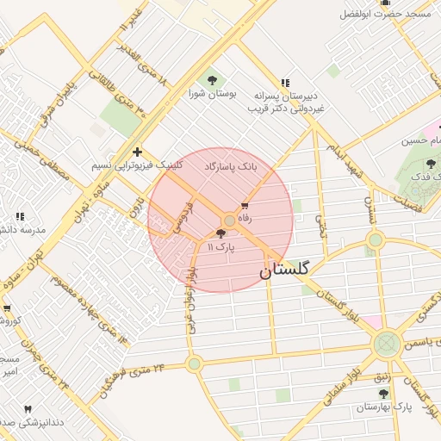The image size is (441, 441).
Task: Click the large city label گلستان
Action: (288, 270)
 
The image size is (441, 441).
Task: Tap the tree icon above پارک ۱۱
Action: (220, 233)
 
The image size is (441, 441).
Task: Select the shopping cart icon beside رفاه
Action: (245, 206)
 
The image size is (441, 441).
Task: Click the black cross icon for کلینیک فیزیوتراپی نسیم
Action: (136, 152)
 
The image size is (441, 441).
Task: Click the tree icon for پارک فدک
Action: (432, 163)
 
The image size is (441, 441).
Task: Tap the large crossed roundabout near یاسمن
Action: (386, 345)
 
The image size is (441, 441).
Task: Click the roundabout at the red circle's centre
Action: (229, 220)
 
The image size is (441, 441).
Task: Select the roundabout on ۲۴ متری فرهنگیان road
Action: (195, 363)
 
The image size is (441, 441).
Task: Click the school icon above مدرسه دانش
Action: (20, 215)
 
